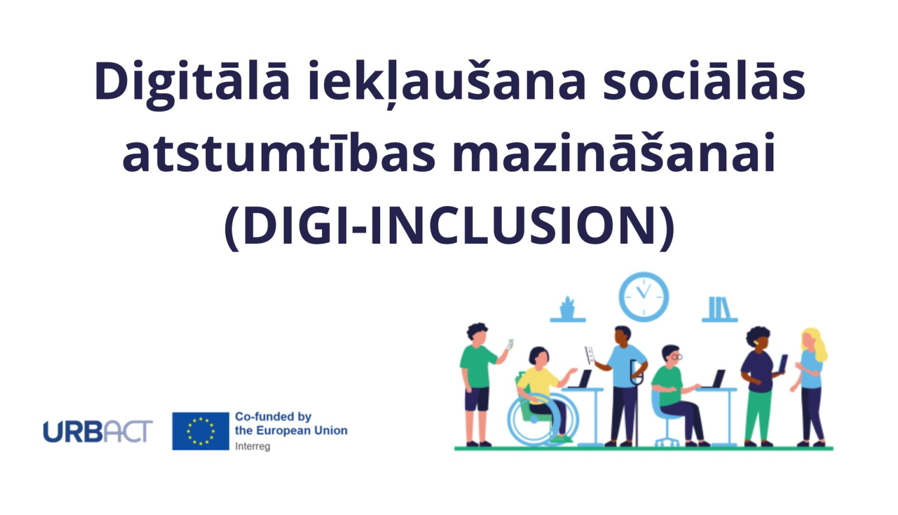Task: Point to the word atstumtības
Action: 279,153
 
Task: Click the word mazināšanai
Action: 614,153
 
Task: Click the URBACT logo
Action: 98,431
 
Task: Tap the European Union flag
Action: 201,431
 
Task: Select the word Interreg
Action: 253,446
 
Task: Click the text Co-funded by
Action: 273,417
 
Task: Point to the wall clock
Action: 644,297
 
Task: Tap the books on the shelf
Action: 719,307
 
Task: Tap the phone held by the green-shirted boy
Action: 509,344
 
